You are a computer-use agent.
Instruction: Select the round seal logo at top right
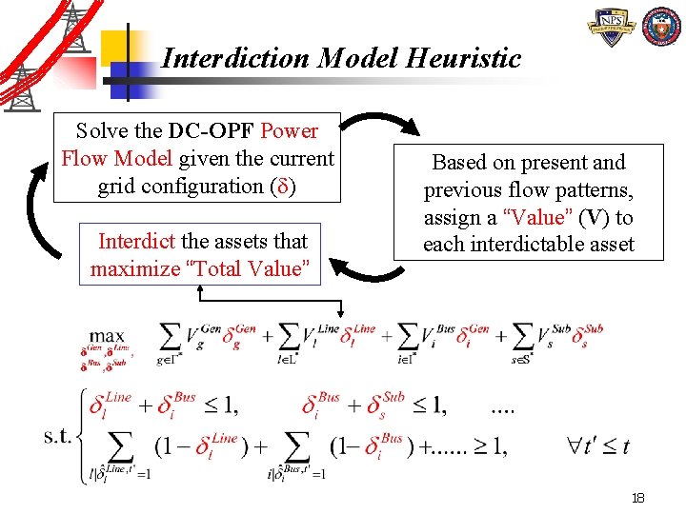661,28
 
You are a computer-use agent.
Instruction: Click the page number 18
638,498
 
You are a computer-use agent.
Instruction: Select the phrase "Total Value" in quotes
252,268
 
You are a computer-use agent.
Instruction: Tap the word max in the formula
106,335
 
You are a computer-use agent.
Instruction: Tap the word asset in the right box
611,245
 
